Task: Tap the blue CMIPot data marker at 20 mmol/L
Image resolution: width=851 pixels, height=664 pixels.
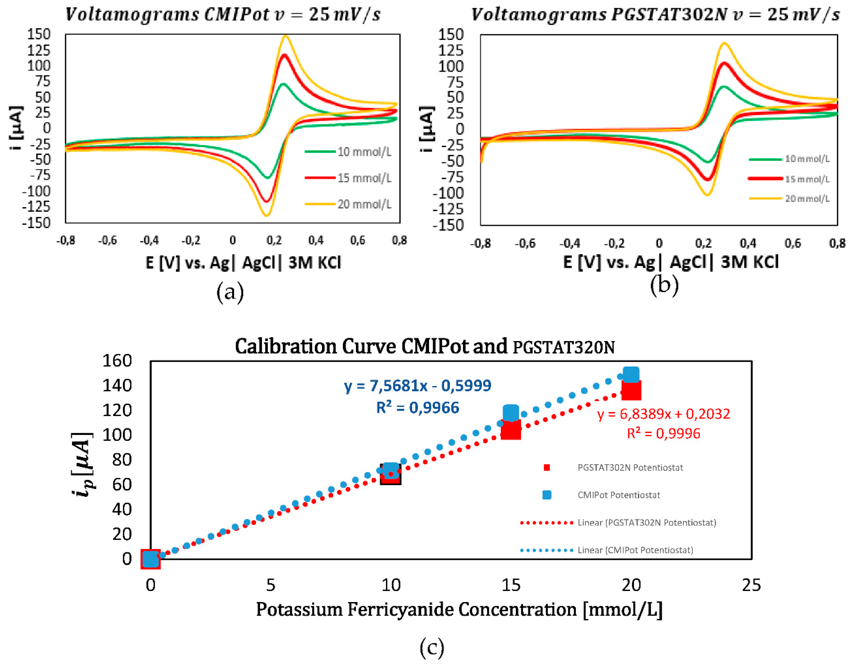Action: (x=631, y=375)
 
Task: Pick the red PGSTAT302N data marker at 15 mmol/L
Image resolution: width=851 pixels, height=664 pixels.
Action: (x=511, y=429)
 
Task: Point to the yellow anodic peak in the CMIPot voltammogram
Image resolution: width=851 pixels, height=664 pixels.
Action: (x=286, y=36)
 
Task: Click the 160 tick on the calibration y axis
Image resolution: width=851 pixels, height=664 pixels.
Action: (x=117, y=360)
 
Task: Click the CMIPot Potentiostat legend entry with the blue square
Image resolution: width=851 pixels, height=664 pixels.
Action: (x=618, y=495)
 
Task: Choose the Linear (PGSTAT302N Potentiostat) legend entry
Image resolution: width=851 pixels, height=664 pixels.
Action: (x=646, y=523)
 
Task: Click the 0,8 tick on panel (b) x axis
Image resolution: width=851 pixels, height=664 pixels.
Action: (x=837, y=243)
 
